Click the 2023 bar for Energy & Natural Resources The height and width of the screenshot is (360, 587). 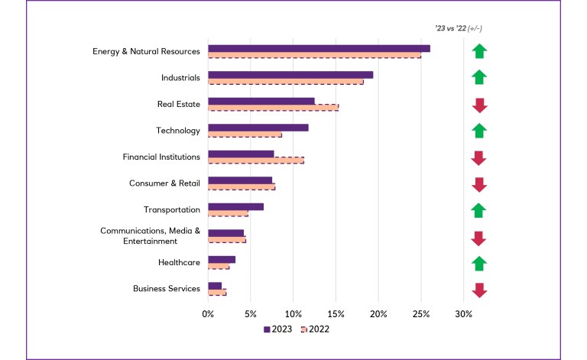click(x=319, y=48)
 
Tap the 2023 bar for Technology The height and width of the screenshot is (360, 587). click(x=258, y=128)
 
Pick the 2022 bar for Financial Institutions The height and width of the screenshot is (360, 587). click(x=256, y=161)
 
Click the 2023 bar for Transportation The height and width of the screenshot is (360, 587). click(x=235, y=206)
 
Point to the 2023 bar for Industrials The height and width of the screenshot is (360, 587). click(x=290, y=75)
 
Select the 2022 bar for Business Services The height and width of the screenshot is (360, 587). click(x=217, y=293)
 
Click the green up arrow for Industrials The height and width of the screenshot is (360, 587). click(x=479, y=78)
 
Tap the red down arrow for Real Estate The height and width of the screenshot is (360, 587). click(x=479, y=105)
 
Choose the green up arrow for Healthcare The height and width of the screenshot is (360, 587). click(x=479, y=264)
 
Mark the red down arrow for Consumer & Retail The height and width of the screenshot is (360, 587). click(x=479, y=184)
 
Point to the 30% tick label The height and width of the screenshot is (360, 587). click(x=463, y=313)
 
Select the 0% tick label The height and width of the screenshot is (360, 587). click(x=208, y=313)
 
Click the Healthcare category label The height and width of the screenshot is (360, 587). click(x=179, y=262)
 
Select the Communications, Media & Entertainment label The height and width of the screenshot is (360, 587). click(x=150, y=235)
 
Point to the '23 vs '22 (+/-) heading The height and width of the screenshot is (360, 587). click(x=458, y=28)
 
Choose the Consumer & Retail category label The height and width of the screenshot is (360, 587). click(x=164, y=183)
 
